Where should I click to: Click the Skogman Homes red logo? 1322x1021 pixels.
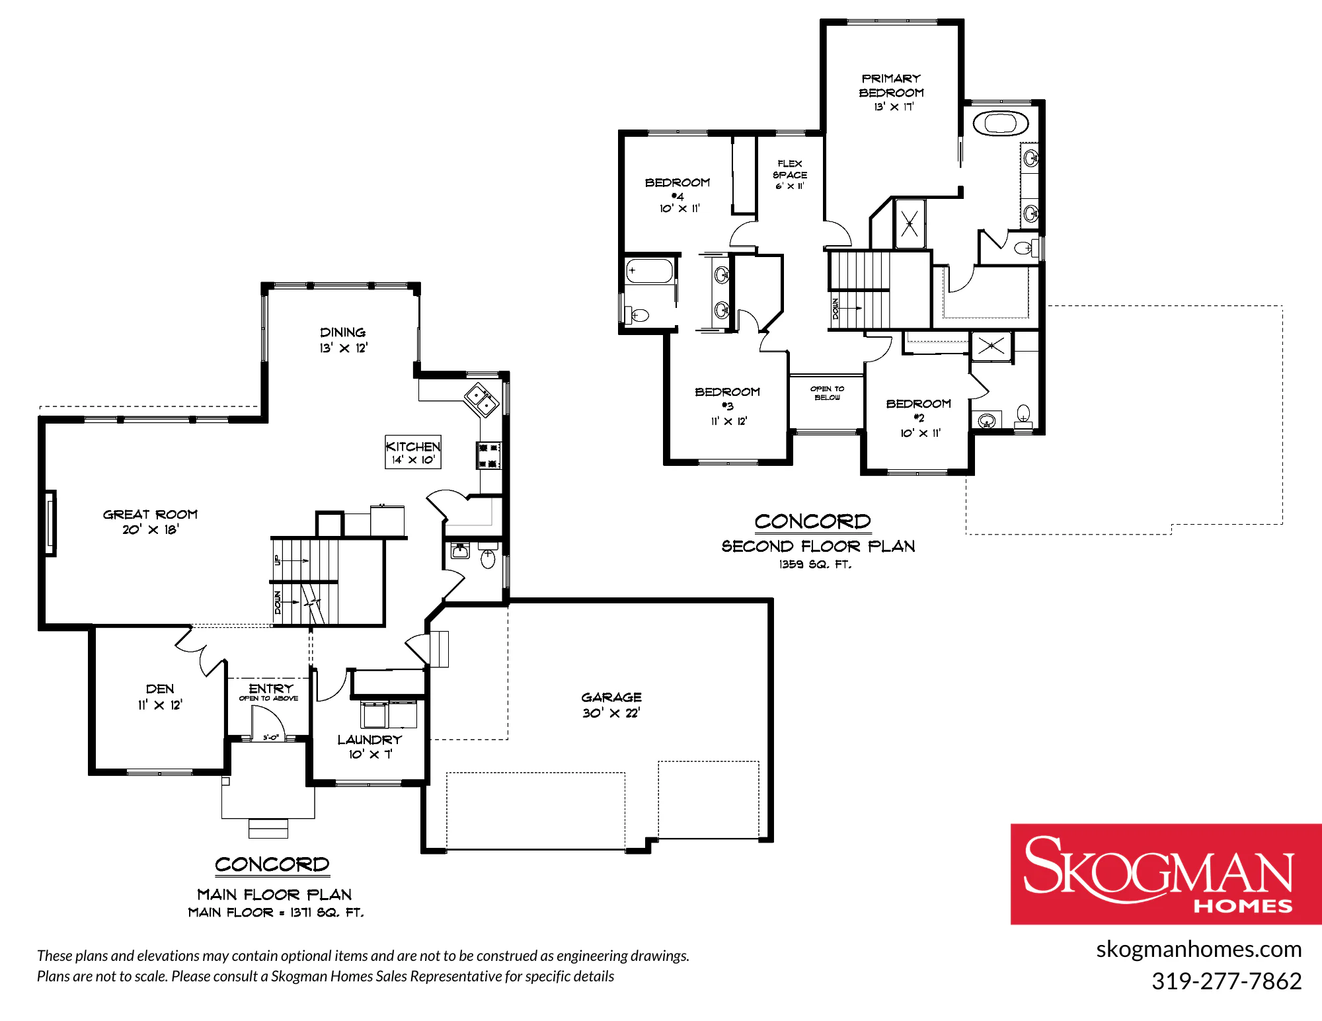coord(1166,874)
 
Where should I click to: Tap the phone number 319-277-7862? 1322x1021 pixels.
coord(1226,981)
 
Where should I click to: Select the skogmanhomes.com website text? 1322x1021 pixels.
coord(1198,950)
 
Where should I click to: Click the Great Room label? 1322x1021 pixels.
coord(150,521)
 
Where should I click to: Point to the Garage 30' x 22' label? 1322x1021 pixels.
coord(611,705)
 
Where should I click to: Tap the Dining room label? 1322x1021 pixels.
coord(343,340)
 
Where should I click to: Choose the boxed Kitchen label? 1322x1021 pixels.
coord(413,452)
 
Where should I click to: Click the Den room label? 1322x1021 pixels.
coord(160,697)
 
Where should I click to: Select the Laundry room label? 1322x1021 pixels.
coord(369,747)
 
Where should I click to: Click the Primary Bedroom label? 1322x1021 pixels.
coord(891,93)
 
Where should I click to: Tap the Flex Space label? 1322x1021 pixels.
coord(790,174)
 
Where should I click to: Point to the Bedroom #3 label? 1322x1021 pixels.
coord(728,406)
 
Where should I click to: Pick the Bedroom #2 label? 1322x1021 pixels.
coord(919,418)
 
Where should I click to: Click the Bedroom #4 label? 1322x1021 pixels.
coord(678,195)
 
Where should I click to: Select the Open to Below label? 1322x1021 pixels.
coord(828,393)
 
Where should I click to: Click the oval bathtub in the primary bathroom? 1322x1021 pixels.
coord(1001,124)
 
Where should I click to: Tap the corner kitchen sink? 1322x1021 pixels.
coord(481,399)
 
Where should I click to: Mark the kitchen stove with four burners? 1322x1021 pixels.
coord(488,456)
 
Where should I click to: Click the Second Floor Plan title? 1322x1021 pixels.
coord(818,547)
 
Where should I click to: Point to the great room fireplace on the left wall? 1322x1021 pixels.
coord(50,523)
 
